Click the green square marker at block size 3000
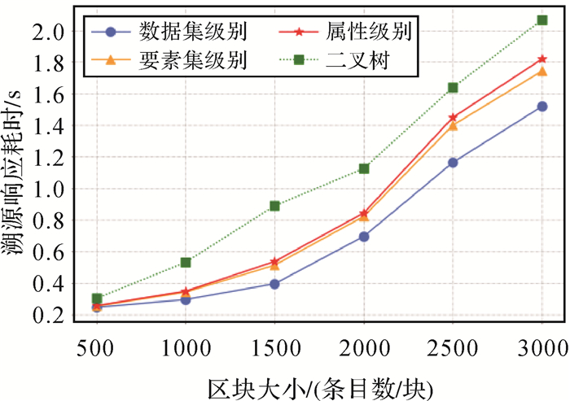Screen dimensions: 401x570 point(542,20)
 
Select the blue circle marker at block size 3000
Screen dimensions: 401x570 point(542,107)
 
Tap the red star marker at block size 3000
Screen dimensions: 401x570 point(542,59)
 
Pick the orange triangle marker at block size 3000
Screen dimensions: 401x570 point(542,72)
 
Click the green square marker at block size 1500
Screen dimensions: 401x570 point(275,206)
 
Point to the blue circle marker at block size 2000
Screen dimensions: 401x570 point(364,237)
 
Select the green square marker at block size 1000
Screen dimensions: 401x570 point(186,262)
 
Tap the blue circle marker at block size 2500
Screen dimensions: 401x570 point(454,163)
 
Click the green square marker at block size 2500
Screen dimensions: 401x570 point(454,87)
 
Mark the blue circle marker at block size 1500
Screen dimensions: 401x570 point(275,284)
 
